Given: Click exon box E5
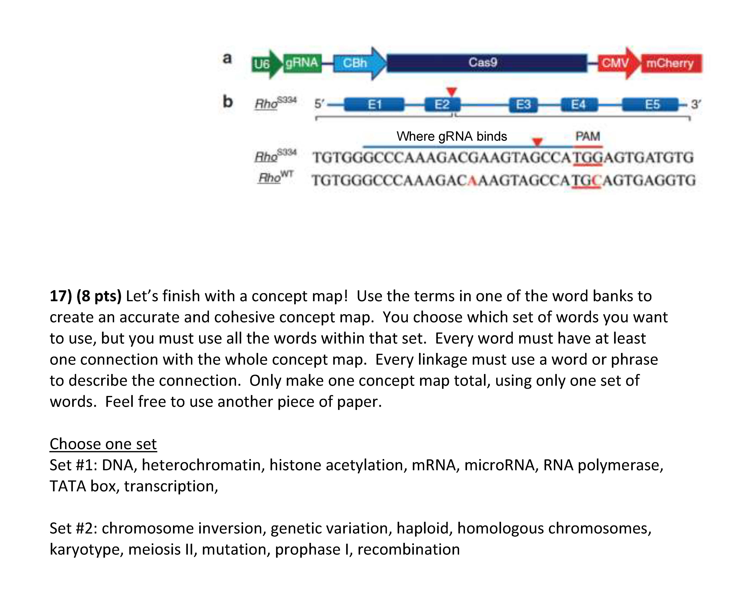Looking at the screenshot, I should [650, 105].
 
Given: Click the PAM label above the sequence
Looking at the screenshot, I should [588, 136].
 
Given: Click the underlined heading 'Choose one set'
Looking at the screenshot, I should [103, 444].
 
